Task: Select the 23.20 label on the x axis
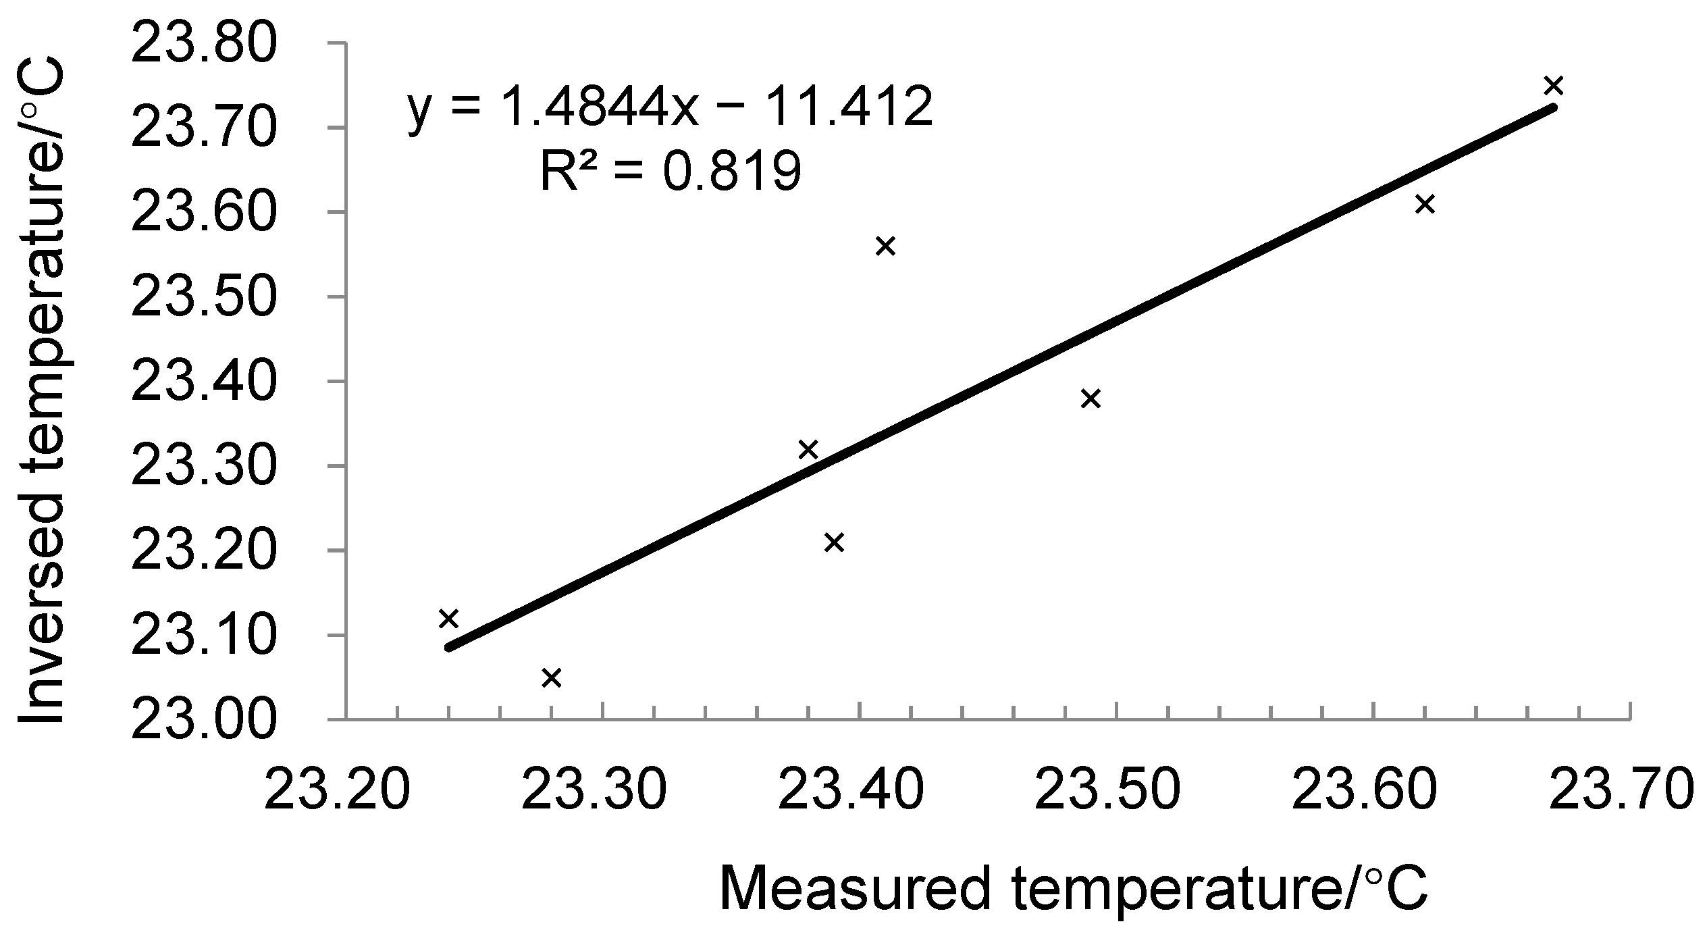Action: click(337, 788)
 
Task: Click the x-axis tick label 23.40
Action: click(851, 788)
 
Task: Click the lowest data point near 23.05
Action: click(552, 677)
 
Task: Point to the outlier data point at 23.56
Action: click(885, 247)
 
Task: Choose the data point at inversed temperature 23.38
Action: click(1091, 398)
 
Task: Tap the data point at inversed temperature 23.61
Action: click(1425, 204)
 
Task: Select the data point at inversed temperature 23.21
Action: click(835, 542)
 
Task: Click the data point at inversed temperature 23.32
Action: click(808, 449)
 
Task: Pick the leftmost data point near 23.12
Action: click(448, 618)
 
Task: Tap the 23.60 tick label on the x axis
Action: click(1365, 788)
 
